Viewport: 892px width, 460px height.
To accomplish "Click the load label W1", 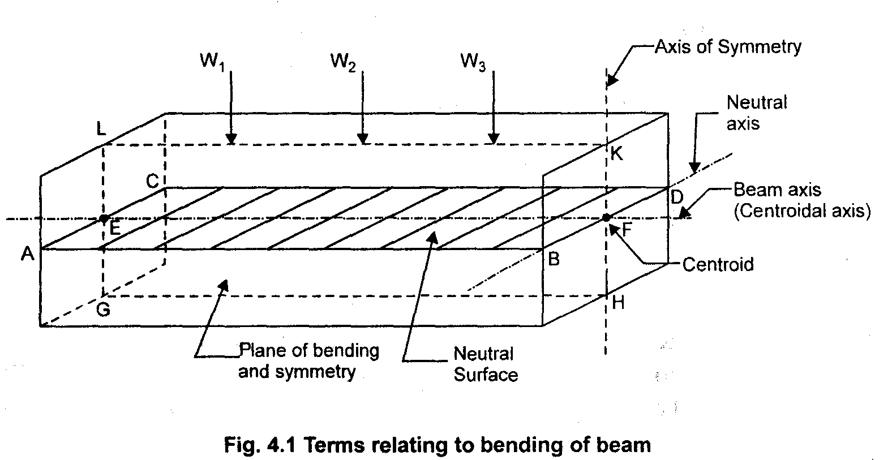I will [x=212, y=61].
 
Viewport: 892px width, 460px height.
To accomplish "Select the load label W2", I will [x=343, y=61].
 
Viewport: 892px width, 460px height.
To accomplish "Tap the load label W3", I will [x=473, y=61].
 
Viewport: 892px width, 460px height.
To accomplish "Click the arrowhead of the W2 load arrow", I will [x=363, y=139].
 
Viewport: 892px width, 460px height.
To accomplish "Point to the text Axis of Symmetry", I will [x=728, y=46].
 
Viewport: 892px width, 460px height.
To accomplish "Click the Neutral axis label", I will [x=756, y=113].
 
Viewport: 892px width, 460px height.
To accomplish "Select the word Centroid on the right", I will [x=718, y=264].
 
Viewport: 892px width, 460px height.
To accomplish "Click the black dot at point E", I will [x=103, y=218].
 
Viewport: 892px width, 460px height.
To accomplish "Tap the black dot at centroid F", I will [x=606, y=217].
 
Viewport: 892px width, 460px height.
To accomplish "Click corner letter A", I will [x=27, y=255].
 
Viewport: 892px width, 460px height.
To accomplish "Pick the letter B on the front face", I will [x=554, y=259].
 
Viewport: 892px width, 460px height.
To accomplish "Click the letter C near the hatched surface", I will [x=152, y=181].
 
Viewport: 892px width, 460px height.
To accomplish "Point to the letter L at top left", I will [x=101, y=130].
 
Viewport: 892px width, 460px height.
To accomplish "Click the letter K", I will [x=617, y=154].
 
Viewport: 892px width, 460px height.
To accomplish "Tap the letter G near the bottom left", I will [x=103, y=309].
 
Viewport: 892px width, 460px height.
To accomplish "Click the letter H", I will [x=618, y=303].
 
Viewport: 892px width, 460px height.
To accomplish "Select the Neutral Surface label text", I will [x=485, y=364].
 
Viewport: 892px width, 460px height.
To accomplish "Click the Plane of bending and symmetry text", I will [x=308, y=361].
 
